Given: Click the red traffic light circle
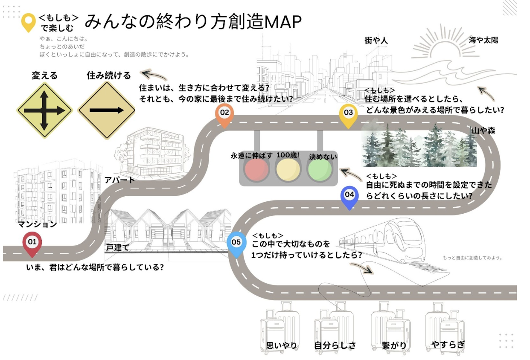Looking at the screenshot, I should pos(256,170).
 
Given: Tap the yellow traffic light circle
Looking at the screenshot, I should pos(288,170).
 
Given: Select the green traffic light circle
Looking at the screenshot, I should pos(320,170).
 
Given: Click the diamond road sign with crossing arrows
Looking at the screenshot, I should pos(44,110).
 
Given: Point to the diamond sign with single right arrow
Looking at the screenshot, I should pos(106,110).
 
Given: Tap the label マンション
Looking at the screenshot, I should pos(37,224).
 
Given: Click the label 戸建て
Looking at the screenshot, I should pos(117,247).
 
